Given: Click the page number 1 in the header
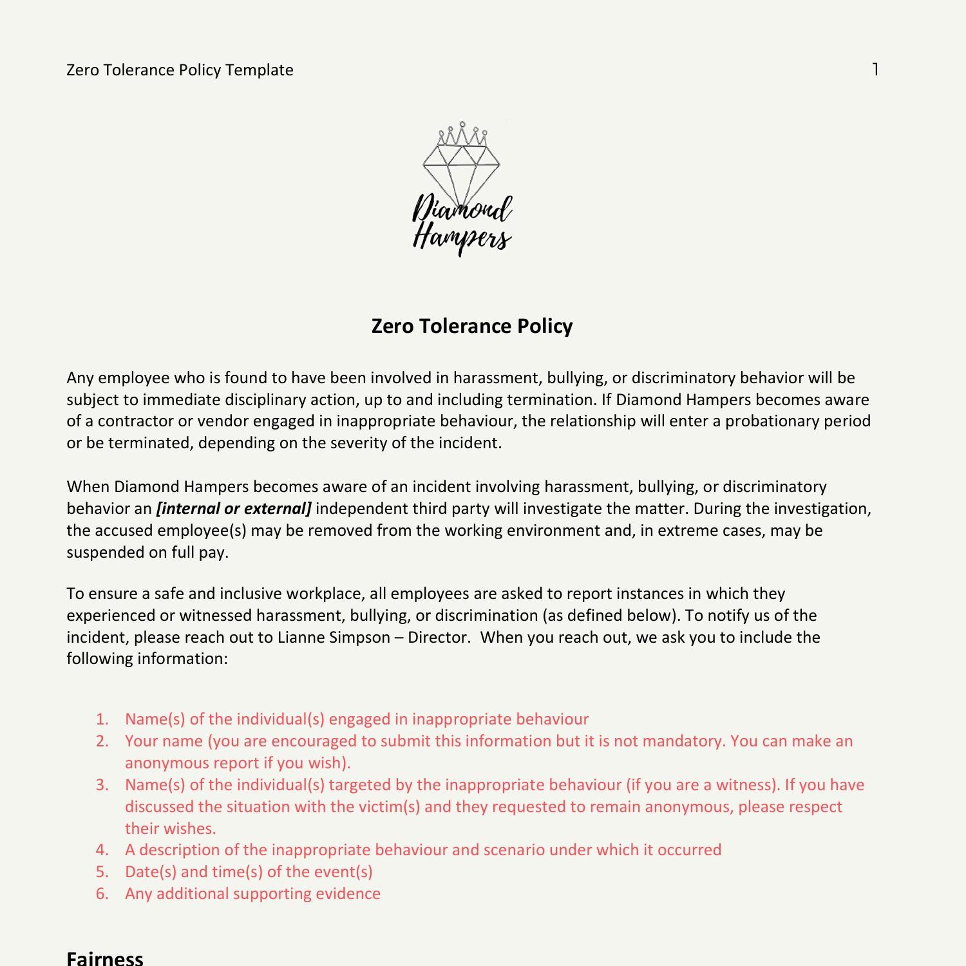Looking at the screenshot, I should (x=875, y=69).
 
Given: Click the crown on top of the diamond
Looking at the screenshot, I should (x=462, y=134).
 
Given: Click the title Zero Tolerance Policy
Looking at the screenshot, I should (x=472, y=326).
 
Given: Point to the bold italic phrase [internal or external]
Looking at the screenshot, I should (x=234, y=508).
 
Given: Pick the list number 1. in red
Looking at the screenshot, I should (x=102, y=719).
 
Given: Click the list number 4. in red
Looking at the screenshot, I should (x=102, y=849).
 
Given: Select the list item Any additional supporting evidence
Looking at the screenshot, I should (x=252, y=893).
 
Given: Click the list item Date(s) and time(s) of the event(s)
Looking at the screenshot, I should (x=249, y=871).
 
